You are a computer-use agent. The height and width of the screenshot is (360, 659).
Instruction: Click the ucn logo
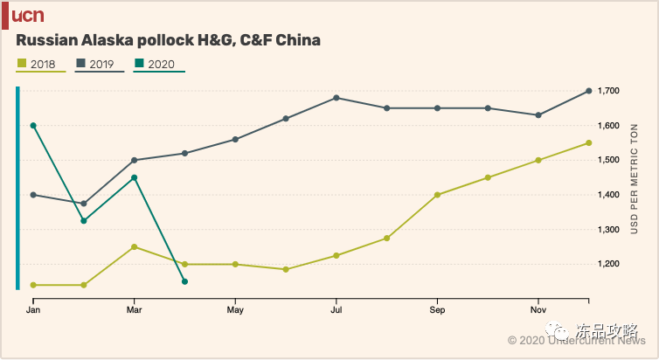tap(27, 15)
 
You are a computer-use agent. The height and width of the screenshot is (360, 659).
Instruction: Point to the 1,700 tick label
tap(608, 91)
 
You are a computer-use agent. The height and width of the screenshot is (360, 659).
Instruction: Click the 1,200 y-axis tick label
tap(608, 264)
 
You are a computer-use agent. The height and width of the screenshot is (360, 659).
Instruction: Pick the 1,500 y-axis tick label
tap(608, 160)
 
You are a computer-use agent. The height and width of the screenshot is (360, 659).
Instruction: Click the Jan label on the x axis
tap(33, 310)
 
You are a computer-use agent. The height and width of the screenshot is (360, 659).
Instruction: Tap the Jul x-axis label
tap(336, 310)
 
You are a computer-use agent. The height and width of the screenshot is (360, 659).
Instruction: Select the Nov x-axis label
tap(538, 310)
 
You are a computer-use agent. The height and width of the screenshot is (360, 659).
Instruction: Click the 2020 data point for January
tap(33, 126)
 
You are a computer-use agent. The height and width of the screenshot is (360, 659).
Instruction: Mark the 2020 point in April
tap(184, 281)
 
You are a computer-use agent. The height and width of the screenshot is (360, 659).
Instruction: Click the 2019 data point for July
tap(336, 98)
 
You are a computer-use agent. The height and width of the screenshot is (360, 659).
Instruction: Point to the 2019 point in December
tap(589, 91)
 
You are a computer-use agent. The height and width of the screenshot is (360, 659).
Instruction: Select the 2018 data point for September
tap(437, 195)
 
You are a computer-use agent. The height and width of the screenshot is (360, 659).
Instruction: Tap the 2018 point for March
tap(134, 246)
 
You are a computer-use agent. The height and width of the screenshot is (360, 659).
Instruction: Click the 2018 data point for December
tap(589, 142)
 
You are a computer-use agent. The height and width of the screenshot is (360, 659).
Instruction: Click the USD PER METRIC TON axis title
tap(635, 178)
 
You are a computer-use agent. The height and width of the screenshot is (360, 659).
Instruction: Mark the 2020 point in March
tap(134, 177)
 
